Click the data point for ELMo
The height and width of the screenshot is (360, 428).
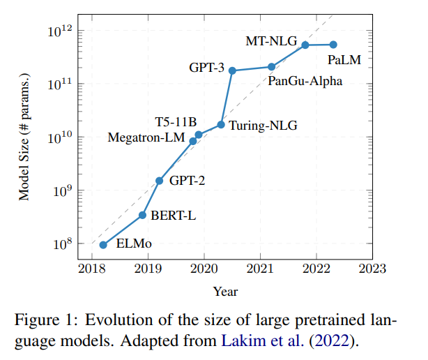[103, 245]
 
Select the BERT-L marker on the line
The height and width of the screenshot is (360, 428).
[142, 215]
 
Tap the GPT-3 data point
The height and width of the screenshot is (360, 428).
[232, 70]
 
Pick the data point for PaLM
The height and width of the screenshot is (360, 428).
[333, 45]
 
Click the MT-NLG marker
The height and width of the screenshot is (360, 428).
[305, 45]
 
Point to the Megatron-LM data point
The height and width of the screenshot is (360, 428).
[193, 141]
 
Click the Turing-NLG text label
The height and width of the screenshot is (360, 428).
[262, 126]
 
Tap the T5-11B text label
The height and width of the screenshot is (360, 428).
[176, 123]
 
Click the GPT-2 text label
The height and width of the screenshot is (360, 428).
[188, 181]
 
